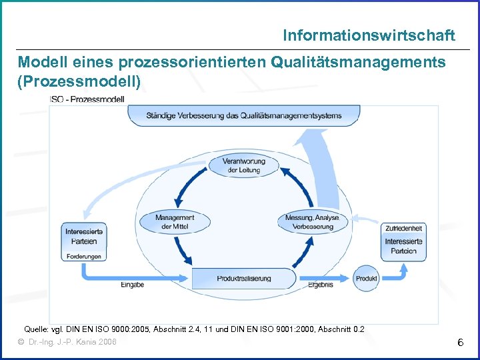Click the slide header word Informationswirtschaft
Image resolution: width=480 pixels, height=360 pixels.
(x=369, y=35)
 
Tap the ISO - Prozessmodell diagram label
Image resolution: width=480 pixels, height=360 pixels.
(x=87, y=99)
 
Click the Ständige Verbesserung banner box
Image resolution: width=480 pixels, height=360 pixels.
(x=243, y=115)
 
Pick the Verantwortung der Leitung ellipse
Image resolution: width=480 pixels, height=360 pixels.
(x=243, y=165)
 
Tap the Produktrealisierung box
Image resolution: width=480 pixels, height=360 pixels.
(x=244, y=278)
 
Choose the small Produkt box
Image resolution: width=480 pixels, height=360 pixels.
(x=367, y=278)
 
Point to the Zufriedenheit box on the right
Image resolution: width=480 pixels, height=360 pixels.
(x=403, y=229)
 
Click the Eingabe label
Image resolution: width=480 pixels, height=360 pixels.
(x=132, y=285)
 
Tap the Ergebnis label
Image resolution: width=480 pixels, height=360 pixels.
(x=320, y=285)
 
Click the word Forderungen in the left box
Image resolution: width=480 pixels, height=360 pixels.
(x=83, y=257)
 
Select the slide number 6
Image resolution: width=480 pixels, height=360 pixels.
(x=460, y=343)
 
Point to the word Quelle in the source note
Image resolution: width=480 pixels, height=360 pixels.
(x=36, y=329)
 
